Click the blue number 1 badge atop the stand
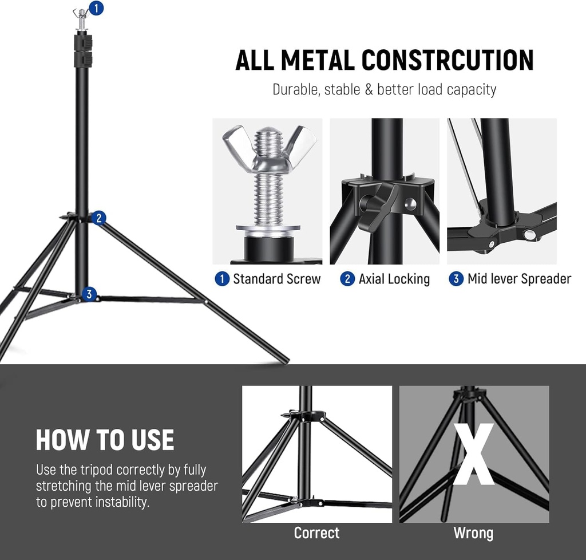(97, 8)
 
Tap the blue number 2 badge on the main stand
(98, 218)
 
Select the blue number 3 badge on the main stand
(88, 294)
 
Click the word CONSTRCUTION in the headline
(448, 60)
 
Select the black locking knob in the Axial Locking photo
(377, 206)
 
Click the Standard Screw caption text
(276, 279)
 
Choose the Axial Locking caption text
(394, 279)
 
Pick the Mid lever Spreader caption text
(519, 279)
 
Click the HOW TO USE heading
(105, 440)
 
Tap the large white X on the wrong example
(473, 454)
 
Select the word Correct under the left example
(316, 533)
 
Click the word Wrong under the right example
(473, 533)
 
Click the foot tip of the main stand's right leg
(285, 361)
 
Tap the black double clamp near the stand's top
(82, 50)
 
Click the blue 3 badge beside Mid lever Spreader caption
(456, 279)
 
